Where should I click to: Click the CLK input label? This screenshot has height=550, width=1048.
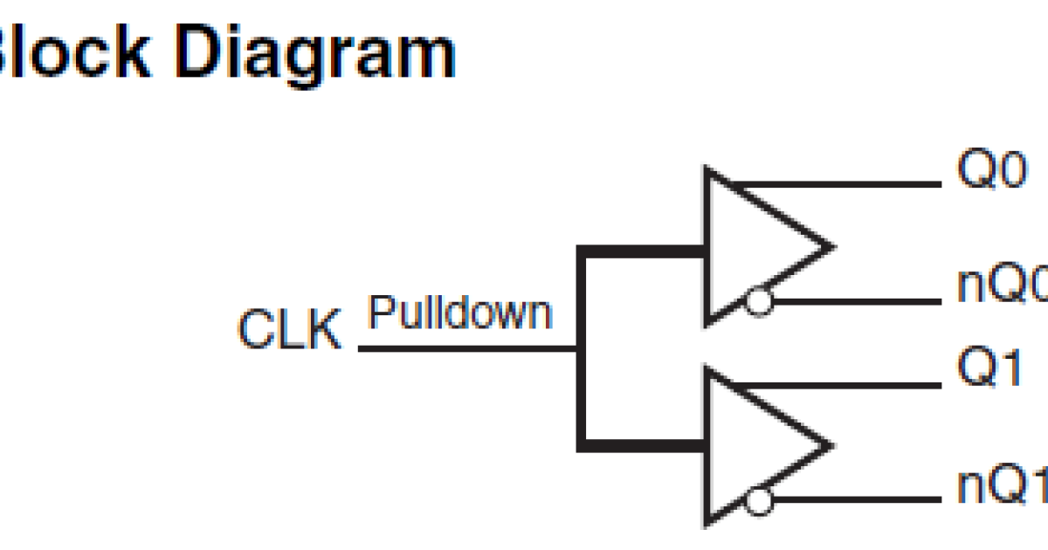click(289, 331)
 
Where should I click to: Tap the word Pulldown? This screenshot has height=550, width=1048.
click(460, 312)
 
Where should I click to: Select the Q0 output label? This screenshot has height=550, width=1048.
click(992, 173)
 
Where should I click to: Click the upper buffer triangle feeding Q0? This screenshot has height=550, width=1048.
click(751, 246)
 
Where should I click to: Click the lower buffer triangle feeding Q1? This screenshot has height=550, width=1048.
click(751, 445)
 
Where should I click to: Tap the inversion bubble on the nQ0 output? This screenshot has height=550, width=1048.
click(760, 303)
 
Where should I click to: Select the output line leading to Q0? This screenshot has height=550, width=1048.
click(838, 185)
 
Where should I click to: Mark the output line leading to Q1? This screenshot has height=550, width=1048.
click(838, 384)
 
